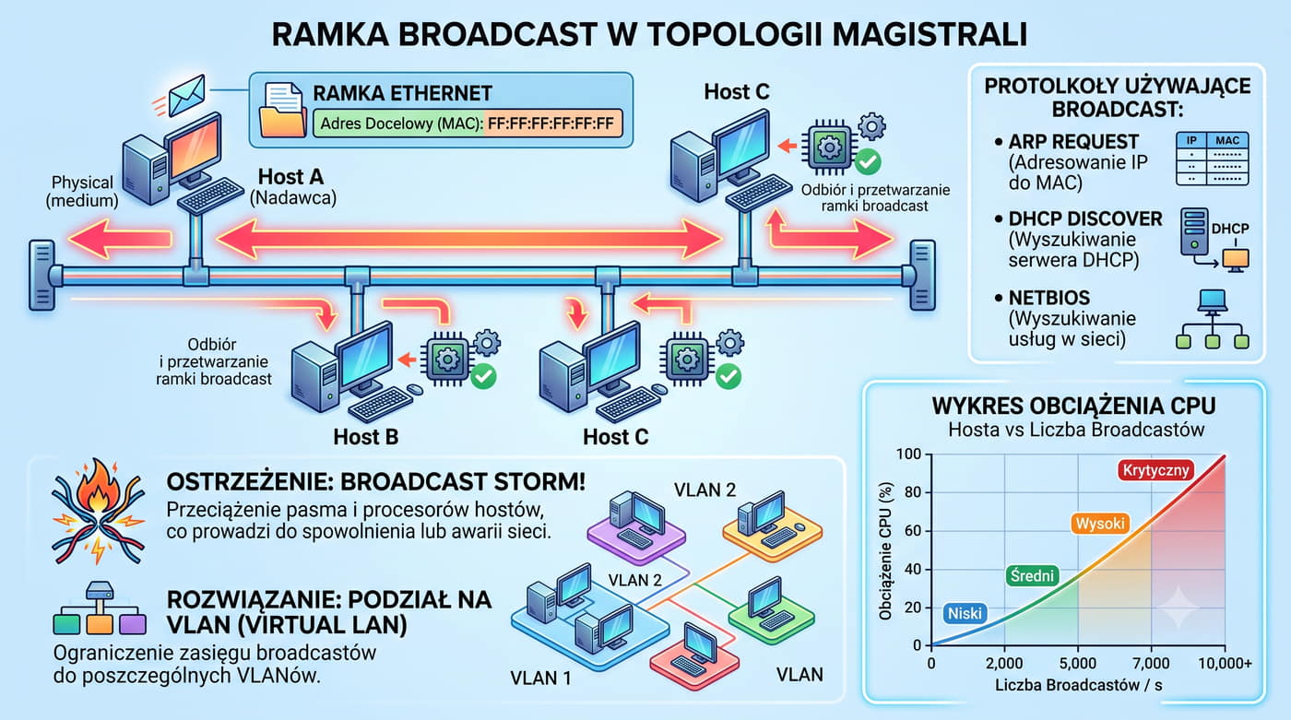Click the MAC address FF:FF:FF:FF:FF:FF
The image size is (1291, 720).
click(551, 124)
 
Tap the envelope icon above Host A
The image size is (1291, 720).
click(186, 95)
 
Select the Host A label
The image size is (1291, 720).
click(290, 176)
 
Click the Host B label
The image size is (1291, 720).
click(365, 437)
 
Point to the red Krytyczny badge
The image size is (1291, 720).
click(1155, 470)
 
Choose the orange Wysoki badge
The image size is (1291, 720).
click(1100, 524)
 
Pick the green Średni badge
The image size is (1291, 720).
click(1032, 575)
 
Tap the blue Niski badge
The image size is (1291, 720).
click(965, 613)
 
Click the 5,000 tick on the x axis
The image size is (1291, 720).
click(1078, 664)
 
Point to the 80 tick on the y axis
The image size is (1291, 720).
click(913, 492)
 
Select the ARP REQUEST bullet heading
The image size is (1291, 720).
click(1073, 142)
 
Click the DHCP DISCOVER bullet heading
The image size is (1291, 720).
click(1085, 218)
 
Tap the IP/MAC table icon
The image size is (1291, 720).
click(1212, 159)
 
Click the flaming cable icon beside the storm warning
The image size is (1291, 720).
click(98, 512)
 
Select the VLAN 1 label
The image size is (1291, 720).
click(540, 678)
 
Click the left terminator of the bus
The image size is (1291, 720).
click(42, 276)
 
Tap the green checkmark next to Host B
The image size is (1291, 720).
click(483, 377)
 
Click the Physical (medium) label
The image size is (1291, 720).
click(82, 191)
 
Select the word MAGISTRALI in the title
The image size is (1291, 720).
click(930, 34)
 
